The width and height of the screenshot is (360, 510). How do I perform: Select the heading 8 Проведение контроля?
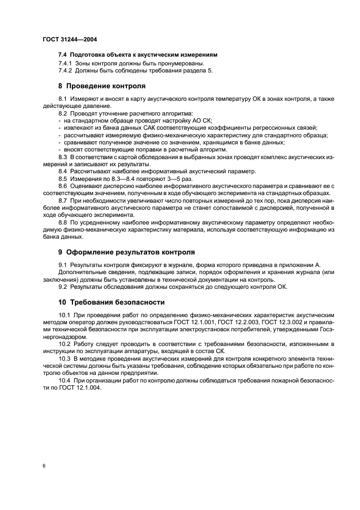[102, 86]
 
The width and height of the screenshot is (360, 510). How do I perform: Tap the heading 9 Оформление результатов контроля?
[126, 252]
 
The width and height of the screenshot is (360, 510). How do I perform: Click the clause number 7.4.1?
[67, 64]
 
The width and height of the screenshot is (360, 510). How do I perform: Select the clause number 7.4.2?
[67, 70]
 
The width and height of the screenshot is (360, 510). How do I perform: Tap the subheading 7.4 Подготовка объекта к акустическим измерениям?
[138, 55]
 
